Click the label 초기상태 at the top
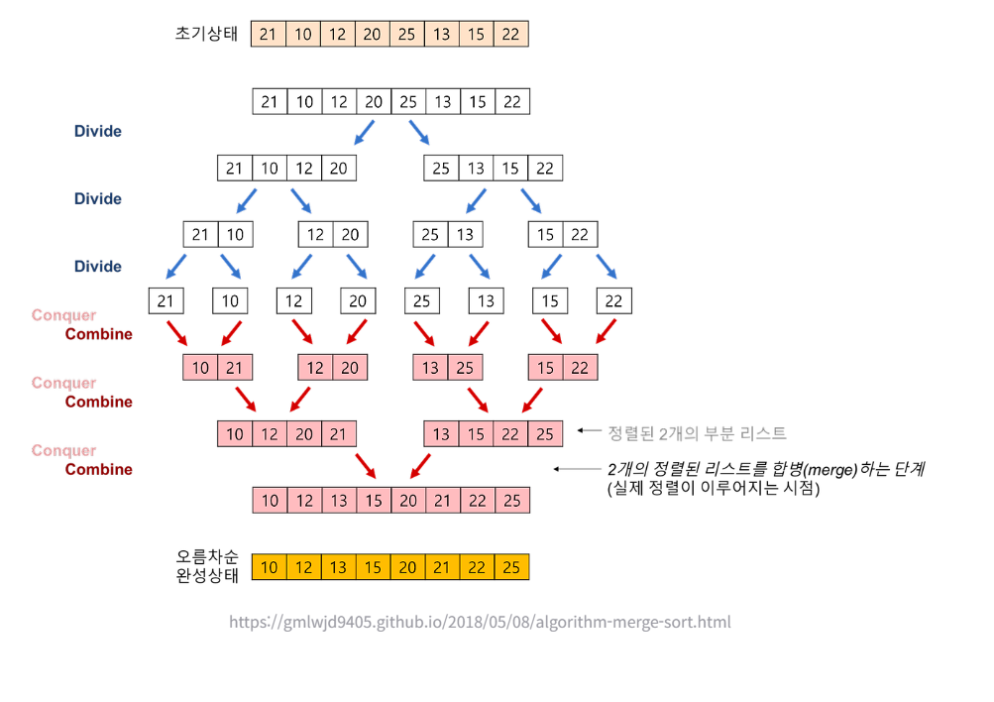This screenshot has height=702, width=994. pos(206,34)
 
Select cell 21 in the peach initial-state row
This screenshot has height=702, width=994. pos(269,35)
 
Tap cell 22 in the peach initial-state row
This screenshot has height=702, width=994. pos(510,35)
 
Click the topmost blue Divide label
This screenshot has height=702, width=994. pos(98,131)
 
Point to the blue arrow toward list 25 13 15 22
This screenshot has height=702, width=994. pos(419,132)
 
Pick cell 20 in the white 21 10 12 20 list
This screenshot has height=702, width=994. pos(338,169)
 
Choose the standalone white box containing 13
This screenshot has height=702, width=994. pos(486,301)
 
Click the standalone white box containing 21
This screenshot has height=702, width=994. pos(165,301)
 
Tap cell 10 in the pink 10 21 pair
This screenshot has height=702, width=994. pos(201,368)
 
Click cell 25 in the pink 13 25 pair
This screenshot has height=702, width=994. pos(465,368)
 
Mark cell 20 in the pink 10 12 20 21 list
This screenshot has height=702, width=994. pos(303,434)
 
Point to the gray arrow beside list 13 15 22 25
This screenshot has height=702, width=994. pos(589,431)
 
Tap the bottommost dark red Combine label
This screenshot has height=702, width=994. pos(99,469)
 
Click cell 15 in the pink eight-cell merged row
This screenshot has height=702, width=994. pos(373,501)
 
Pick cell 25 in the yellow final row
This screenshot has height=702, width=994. pos(511,567)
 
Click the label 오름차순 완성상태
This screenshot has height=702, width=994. pos(206,566)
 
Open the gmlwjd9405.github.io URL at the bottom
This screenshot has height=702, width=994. pos(480,623)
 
